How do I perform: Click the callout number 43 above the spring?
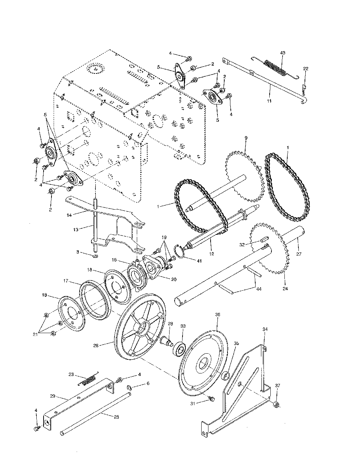[x=283, y=53]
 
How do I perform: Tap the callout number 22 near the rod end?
[x=306, y=68]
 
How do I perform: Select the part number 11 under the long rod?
[x=269, y=101]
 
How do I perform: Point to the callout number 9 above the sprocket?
[x=246, y=138]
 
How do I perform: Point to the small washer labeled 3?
[x=95, y=256]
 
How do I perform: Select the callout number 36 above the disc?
[x=217, y=314]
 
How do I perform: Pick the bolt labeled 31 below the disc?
[x=212, y=399]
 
